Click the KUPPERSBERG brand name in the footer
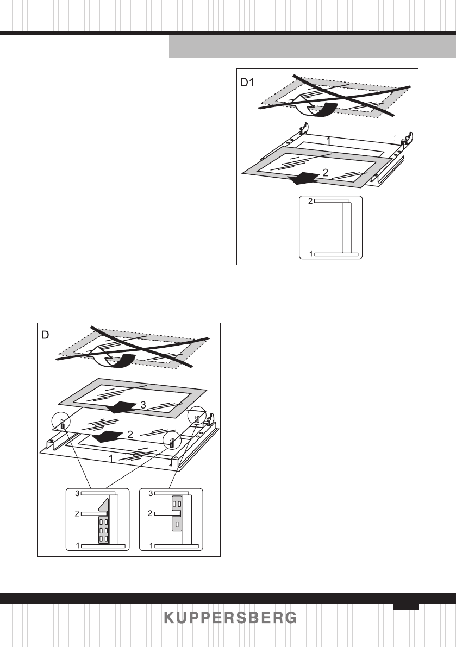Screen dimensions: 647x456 [230, 618]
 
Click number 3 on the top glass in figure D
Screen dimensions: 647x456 [143, 405]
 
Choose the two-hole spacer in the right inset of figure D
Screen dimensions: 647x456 [177, 503]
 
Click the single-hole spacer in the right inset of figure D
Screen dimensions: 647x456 [177, 524]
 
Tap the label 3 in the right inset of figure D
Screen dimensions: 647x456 [150, 493]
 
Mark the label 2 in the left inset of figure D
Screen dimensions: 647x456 [77, 513]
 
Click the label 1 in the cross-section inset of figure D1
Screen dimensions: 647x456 [310, 254]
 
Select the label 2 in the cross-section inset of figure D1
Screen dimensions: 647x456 [310, 201]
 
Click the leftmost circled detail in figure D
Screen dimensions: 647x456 [62, 421]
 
